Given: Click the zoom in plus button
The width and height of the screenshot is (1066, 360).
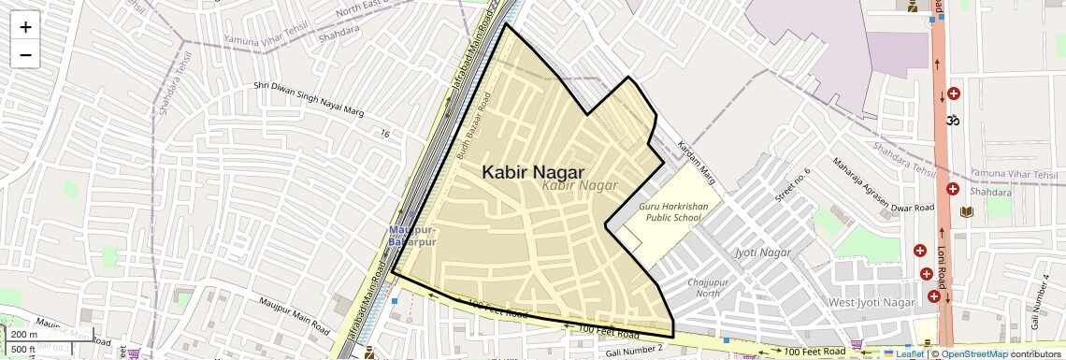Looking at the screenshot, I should click(25, 27).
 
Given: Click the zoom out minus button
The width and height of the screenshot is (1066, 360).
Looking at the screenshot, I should click(25, 54).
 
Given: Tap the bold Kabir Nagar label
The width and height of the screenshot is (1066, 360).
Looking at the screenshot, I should click(532, 172).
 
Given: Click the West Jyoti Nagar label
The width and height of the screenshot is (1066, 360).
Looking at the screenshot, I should click(871, 303).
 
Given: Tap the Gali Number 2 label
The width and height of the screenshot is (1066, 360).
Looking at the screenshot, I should click(633, 349).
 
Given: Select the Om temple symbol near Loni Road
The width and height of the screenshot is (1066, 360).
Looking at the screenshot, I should click(954, 121).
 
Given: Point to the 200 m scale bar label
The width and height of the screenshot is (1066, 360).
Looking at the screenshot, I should click(25, 335).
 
